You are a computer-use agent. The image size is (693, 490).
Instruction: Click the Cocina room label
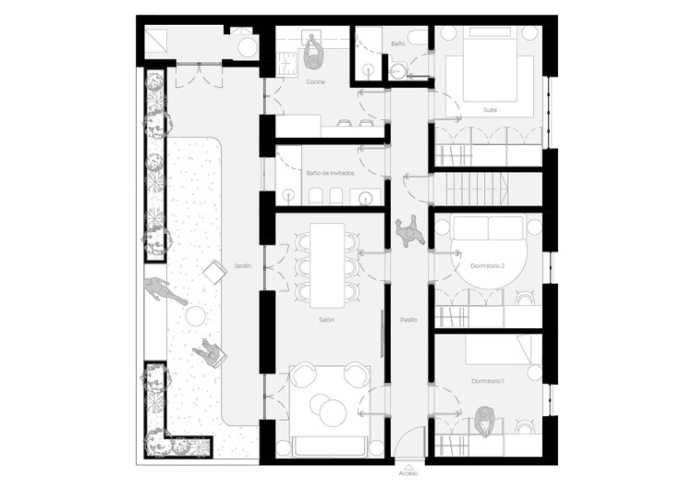tap(315, 81)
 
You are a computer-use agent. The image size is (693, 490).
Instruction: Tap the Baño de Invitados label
tap(330, 173)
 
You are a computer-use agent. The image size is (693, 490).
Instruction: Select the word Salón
tap(326, 320)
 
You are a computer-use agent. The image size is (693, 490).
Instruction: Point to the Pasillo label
tap(408, 320)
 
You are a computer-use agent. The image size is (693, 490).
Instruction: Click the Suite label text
tap(490, 110)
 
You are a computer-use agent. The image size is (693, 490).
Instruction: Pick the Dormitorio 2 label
tap(488, 266)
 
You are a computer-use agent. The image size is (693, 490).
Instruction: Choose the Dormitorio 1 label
tap(488, 381)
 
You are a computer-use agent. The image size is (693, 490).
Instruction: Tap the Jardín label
tap(243, 266)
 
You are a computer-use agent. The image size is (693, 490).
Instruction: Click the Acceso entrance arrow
tap(408, 467)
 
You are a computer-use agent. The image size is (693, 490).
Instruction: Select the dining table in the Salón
tap(327, 265)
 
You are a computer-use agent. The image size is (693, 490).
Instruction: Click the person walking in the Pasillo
tap(410, 231)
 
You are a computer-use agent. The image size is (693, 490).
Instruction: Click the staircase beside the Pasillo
tap(478, 190)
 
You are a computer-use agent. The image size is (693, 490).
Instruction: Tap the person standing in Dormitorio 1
tap(485, 422)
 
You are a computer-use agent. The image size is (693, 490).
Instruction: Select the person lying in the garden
tap(164, 290)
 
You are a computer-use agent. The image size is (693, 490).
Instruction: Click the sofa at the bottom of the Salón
tap(330, 447)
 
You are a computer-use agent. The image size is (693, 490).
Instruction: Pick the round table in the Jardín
tap(196, 316)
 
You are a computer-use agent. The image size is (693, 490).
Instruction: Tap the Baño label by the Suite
tap(398, 43)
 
